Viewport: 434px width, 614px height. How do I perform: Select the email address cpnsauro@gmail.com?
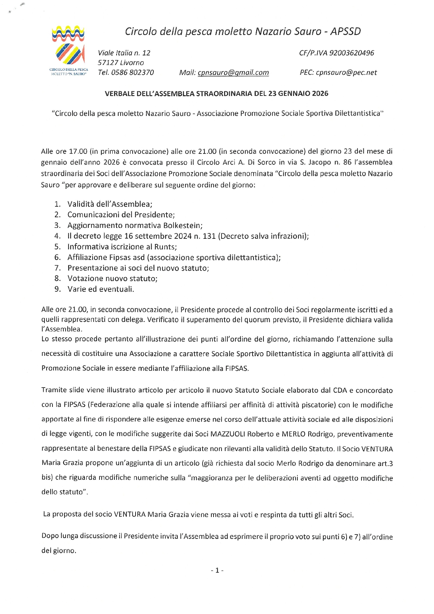coord(233,73)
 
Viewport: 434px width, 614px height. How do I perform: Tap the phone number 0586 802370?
coord(132,73)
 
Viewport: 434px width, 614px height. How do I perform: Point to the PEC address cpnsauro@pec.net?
coord(346,73)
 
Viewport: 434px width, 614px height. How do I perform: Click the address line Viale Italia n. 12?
coord(124,53)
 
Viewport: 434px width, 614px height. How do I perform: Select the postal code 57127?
coord(108,63)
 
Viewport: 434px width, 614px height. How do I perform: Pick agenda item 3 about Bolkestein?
coord(135,225)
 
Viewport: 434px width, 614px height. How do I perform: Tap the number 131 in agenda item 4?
coord(209,236)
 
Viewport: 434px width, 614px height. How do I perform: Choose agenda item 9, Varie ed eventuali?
coord(101,289)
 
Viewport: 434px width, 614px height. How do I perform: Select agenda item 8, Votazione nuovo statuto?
coord(112,279)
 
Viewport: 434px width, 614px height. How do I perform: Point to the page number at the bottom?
coord(217,570)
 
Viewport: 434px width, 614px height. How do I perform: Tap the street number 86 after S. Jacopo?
coord(347,162)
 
